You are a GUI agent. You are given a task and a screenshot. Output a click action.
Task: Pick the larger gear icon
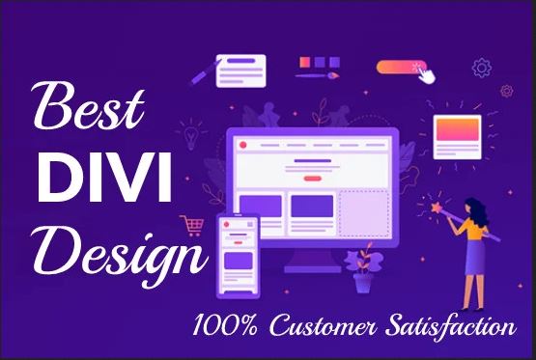coord(480,68)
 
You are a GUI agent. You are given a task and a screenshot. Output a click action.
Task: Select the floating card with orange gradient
coord(459,134)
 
